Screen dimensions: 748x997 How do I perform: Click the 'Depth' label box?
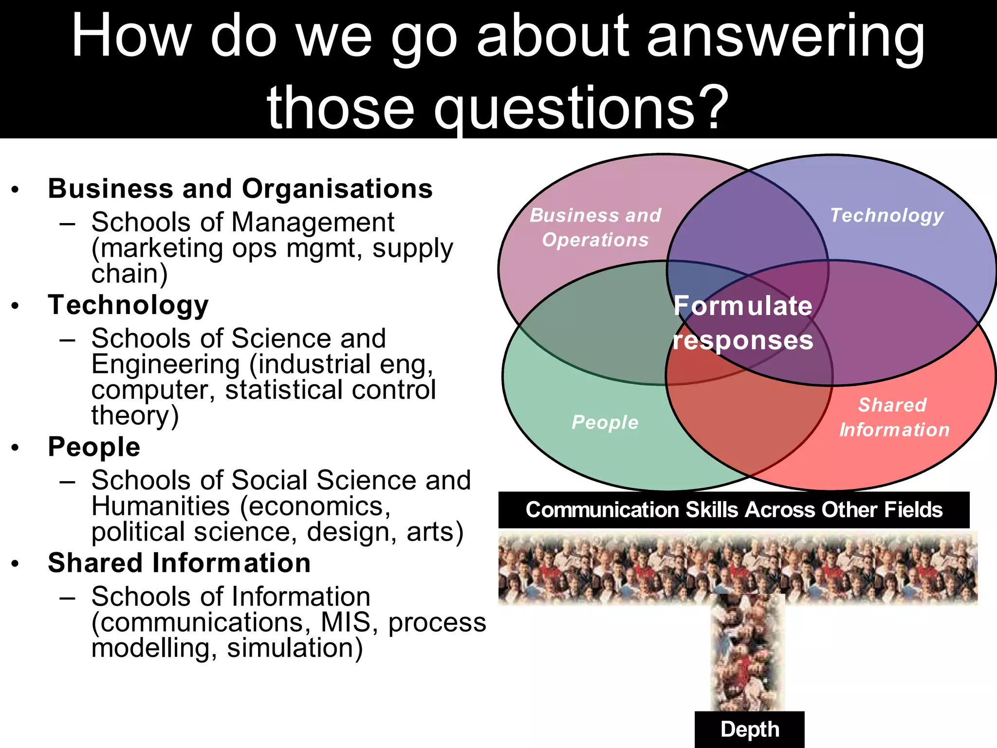(x=749, y=729)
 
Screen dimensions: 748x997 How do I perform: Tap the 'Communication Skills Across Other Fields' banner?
(x=734, y=510)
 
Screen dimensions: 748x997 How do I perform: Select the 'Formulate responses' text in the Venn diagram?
(x=743, y=322)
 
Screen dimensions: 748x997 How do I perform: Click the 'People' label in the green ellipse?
(x=605, y=422)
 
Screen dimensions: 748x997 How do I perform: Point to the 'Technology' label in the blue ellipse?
(x=886, y=215)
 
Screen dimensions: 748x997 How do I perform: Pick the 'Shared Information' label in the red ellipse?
(x=894, y=417)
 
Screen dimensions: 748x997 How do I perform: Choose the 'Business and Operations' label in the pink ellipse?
(x=595, y=227)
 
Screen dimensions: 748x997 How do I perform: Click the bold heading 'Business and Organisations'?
(x=240, y=188)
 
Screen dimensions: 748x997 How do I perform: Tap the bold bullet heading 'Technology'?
(x=128, y=305)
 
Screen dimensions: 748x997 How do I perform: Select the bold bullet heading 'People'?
(x=94, y=447)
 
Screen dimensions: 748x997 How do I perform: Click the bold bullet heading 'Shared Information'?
(x=179, y=563)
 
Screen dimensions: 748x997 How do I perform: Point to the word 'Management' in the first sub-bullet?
(x=313, y=223)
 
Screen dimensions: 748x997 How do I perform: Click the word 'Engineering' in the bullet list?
(x=166, y=364)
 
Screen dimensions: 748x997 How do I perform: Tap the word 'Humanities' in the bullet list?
(x=161, y=506)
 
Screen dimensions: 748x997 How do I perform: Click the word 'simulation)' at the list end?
(x=295, y=648)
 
